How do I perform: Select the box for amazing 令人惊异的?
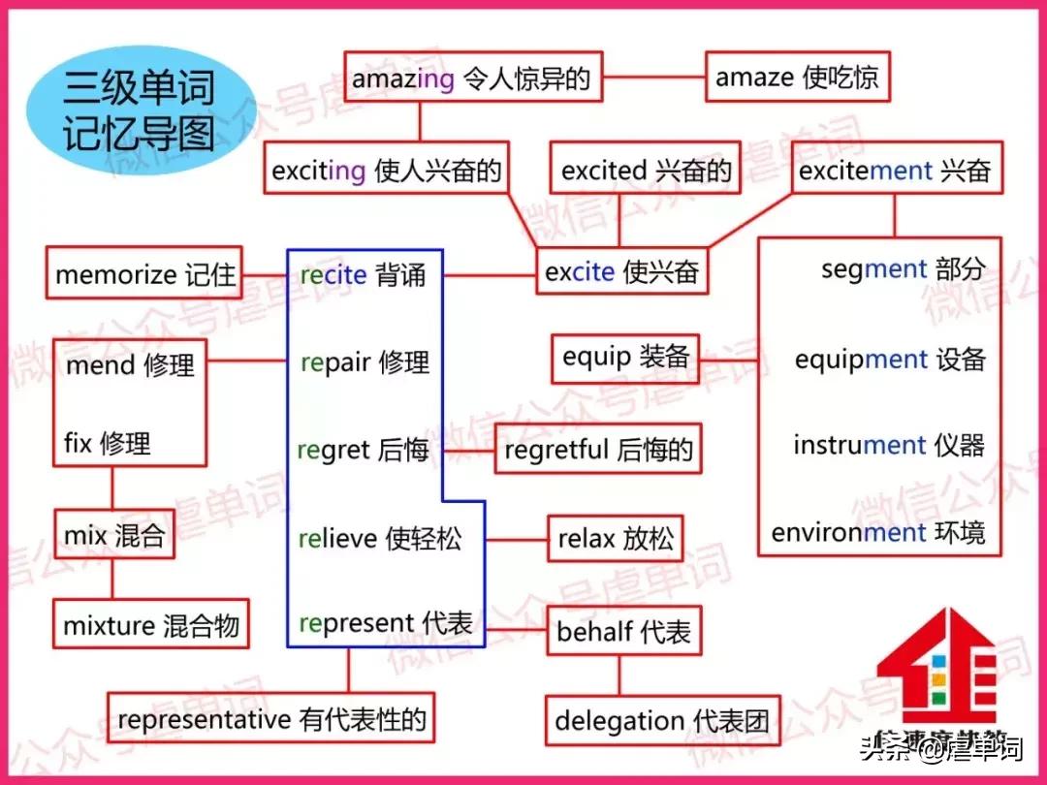(473, 78)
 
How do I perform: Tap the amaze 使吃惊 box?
(797, 78)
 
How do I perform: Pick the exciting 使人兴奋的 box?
(387, 171)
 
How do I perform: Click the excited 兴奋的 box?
(646, 172)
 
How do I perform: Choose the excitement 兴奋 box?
(894, 172)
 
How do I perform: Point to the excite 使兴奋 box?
(621, 271)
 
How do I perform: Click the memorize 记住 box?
(144, 274)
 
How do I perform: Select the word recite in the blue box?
(333, 275)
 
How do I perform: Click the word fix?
(78, 444)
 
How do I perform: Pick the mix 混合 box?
(113, 535)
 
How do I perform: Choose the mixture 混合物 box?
(150, 625)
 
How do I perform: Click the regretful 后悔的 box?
(598, 450)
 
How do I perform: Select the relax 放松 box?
(615, 539)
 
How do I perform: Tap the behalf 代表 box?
(623, 633)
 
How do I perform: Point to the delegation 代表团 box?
(662, 720)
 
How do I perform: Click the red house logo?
(936, 669)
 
